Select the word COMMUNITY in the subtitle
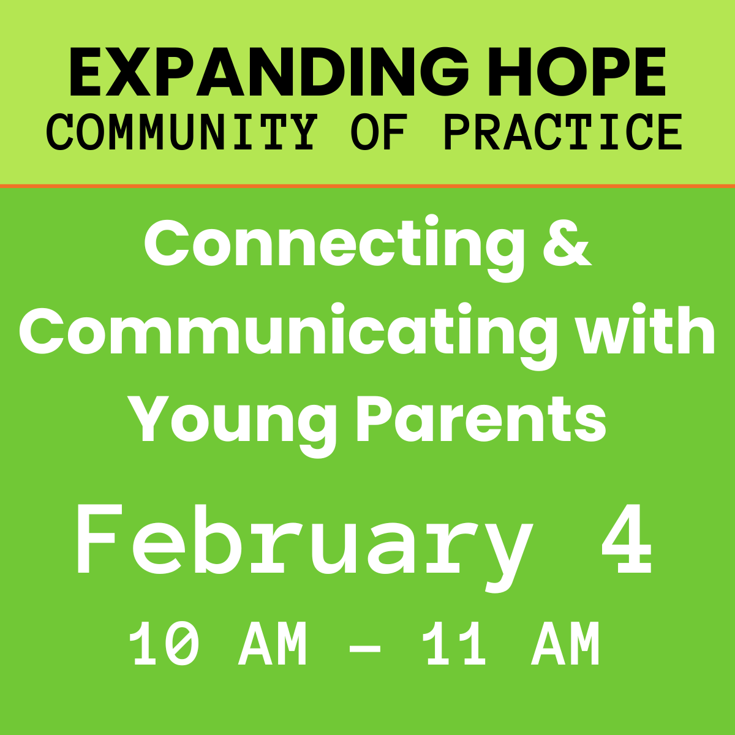[182, 132]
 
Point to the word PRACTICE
[563, 132]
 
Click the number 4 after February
[627, 539]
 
